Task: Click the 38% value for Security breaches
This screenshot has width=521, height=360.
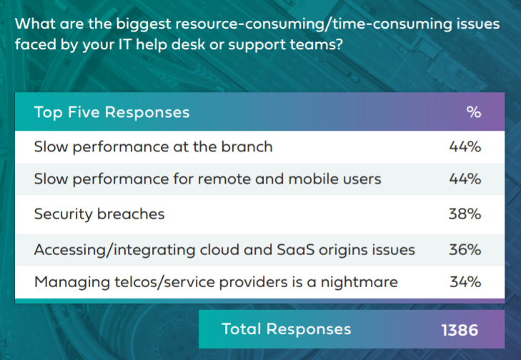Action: tap(465, 214)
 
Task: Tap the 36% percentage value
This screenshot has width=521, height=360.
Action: tap(465, 250)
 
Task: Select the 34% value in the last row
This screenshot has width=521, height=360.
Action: tap(465, 282)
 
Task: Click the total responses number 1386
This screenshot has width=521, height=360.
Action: tap(460, 330)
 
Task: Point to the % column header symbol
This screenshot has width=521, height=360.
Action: tap(474, 112)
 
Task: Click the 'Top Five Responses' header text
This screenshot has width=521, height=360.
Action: tap(111, 112)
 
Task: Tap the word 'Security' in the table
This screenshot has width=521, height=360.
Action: tap(63, 214)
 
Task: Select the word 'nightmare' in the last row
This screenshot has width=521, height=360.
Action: tap(359, 282)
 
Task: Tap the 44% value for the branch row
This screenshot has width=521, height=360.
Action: tap(465, 147)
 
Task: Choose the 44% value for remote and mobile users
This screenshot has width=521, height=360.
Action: tap(465, 179)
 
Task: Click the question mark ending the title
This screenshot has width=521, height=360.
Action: tap(339, 44)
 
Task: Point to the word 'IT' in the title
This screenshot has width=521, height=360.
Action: tap(125, 44)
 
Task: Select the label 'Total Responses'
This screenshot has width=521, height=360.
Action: tap(286, 329)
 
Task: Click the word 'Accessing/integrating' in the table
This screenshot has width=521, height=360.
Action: tap(114, 250)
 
